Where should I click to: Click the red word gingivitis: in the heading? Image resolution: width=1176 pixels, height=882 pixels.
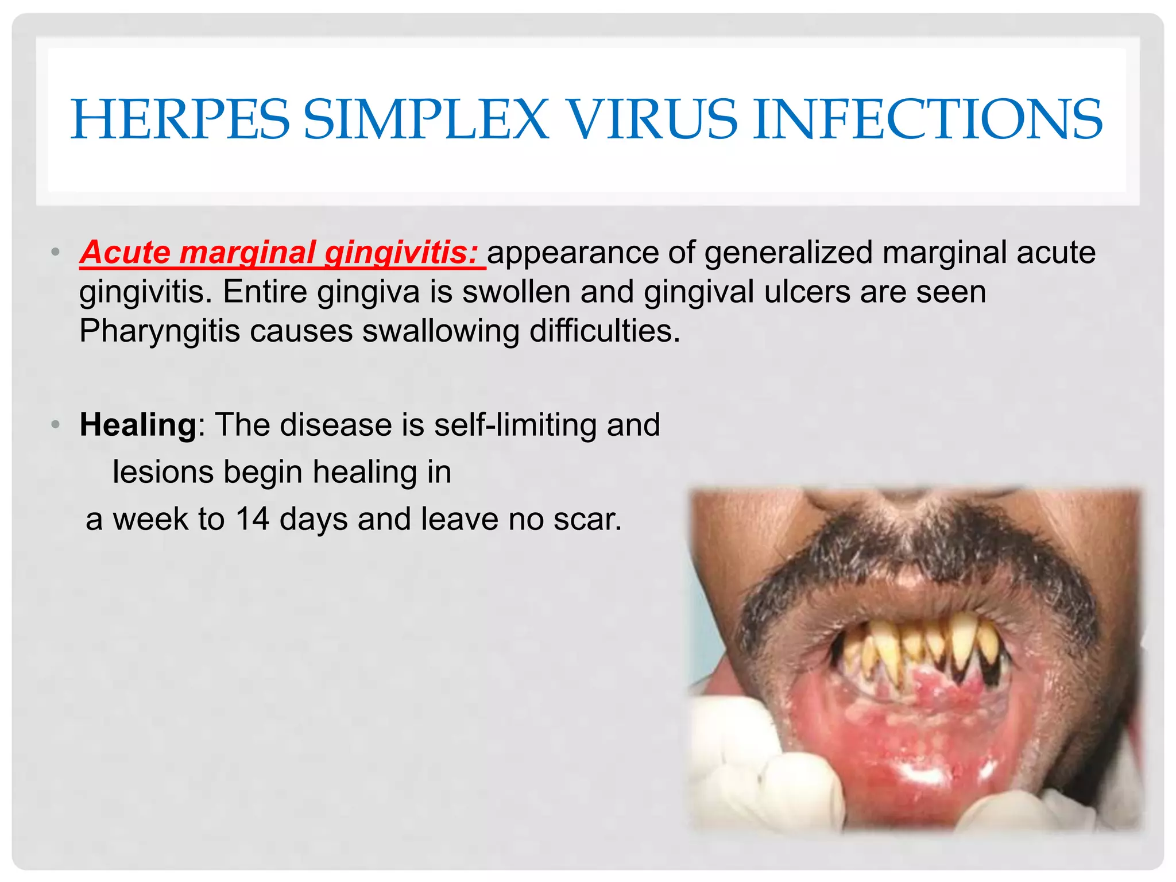point(401,253)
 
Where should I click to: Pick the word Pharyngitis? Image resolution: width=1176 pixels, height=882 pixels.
point(159,331)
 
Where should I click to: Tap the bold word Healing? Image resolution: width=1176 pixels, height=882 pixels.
point(138,425)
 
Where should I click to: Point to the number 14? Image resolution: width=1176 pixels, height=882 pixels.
point(252,519)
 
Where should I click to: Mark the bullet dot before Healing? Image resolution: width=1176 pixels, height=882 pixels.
point(55,425)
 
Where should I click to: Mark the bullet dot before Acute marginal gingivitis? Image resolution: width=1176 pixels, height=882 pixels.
point(55,252)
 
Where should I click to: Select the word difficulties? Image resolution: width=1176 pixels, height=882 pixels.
point(605,331)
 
